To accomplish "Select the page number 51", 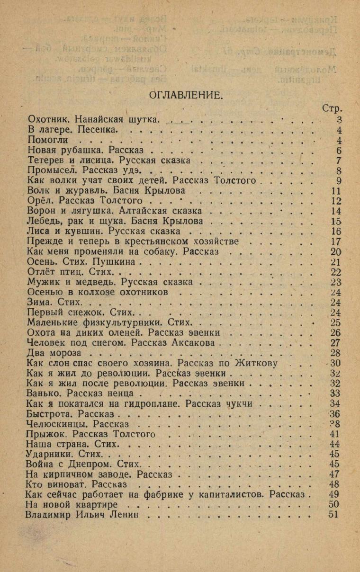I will click(x=334, y=515).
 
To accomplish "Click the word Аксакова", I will click(x=195, y=343).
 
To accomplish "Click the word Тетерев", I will click(x=45, y=160).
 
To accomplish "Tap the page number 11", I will click(x=335, y=190).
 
